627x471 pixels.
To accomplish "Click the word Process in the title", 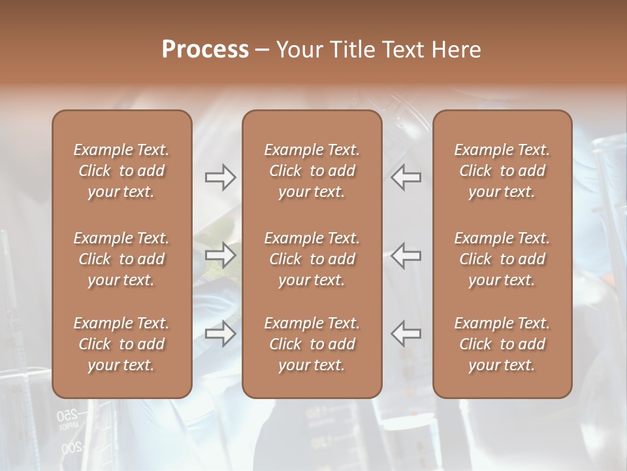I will (x=205, y=50).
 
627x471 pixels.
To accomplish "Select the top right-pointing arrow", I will (x=221, y=177).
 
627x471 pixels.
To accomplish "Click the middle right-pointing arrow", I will (x=221, y=255).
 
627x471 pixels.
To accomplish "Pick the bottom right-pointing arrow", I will (x=221, y=333).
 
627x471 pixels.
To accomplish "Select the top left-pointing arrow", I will (x=406, y=177).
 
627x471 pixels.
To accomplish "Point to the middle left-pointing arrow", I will (x=406, y=255).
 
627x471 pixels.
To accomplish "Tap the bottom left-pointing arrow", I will (x=406, y=333).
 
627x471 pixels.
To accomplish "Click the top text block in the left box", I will (x=121, y=171).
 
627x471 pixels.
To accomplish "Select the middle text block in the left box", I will (x=121, y=259).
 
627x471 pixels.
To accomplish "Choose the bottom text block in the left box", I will (x=121, y=344).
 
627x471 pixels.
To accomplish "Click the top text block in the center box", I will (x=312, y=171).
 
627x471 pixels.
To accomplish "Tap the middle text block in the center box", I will (x=312, y=259).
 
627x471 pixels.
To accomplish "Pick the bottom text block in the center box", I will (x=312, y=344).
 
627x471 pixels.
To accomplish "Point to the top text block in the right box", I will (x=502, y=171).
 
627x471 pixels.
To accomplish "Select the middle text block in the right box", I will (x=502, y=259).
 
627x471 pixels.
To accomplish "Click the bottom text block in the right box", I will (x=502, y=344).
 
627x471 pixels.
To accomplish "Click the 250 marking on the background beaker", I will (x=67, y=415).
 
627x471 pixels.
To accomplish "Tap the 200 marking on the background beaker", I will (x=72, y=449).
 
